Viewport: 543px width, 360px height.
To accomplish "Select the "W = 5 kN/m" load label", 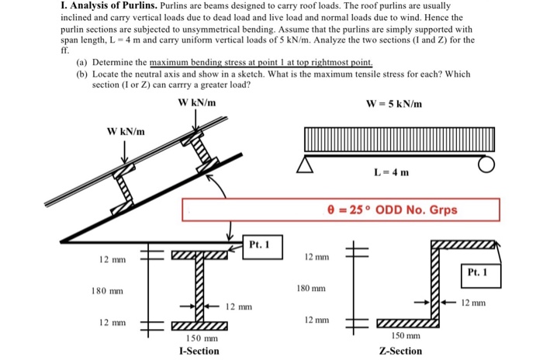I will (x=394, y=104).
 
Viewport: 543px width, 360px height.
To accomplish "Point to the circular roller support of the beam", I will (x=486, y=164).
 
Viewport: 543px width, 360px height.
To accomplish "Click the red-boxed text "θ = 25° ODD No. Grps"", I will (x=393, y=209).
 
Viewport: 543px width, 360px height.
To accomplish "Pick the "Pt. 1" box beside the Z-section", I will (x=479, y=272).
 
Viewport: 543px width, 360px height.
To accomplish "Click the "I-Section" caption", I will (x=199, y=351).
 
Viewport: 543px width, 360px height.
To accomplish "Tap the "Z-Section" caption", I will (x=400, y=351).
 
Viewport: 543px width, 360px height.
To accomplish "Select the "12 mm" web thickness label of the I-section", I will (x=239, y=307).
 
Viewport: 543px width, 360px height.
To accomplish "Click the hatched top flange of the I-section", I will (x=199, y=254).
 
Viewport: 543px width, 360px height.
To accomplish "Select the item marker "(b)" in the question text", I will (x=81, y=74).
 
